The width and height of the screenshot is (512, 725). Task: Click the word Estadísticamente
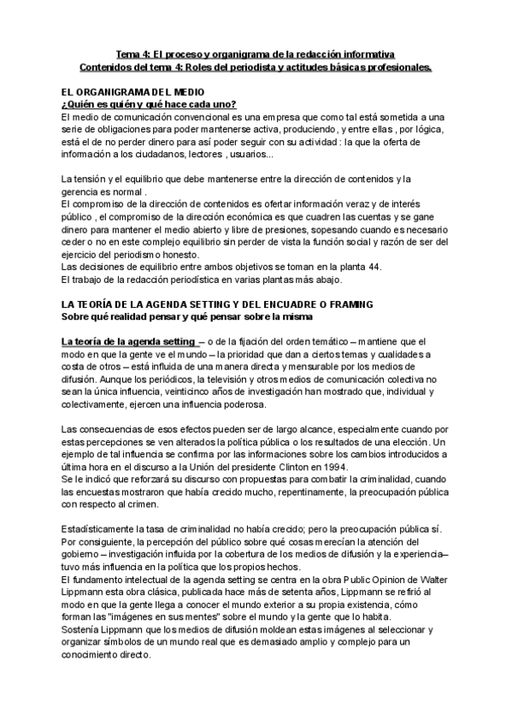(100, 530)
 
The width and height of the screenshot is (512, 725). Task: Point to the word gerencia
(80, 192)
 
